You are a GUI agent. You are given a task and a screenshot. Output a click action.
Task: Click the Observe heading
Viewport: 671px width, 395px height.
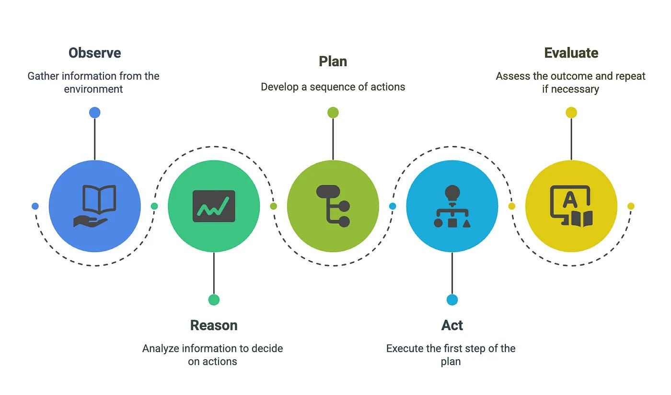[94, 53]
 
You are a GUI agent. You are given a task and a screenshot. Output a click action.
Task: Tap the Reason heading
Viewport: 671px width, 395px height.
[214, 325]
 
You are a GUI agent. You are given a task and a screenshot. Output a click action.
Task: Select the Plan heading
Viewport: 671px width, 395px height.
[333, 61]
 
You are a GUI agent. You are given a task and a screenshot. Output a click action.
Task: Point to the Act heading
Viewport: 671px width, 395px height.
[452, 325]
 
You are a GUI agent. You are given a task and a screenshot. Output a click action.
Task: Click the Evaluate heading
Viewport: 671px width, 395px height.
[571, 53]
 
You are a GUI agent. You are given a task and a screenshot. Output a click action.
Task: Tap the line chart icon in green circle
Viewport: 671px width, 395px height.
[214, 206]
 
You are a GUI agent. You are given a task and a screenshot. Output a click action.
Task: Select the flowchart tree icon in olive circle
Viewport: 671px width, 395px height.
[333, 206]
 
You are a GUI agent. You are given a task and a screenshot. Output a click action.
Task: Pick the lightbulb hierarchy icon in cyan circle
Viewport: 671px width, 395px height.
[452, 206]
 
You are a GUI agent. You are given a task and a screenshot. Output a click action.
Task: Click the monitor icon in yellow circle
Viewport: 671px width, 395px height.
[571, 206]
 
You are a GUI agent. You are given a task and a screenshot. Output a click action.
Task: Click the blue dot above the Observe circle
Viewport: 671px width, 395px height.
[95, 113]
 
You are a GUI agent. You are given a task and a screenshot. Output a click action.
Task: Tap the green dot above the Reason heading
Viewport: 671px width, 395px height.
[214, 300]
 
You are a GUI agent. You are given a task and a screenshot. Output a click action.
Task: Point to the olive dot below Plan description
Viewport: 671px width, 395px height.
[333, 113]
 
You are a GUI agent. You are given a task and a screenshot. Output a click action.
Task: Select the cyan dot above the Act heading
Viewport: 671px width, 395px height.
[452, 300]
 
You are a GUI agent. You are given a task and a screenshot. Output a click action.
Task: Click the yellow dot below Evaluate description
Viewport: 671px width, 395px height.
[571, 113]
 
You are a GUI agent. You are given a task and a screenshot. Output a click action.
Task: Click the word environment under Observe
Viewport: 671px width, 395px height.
[93, 89]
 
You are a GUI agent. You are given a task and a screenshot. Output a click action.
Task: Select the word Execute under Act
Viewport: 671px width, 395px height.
[405, 349]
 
